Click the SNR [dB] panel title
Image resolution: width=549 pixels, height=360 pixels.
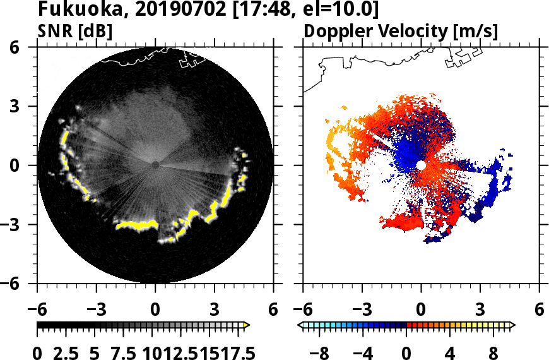pos(75,31)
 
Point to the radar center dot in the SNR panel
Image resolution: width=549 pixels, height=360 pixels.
pos(155,165)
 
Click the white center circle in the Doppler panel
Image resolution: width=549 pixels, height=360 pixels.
pos(421,165)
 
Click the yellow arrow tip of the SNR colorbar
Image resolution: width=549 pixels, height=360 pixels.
pos(247,325)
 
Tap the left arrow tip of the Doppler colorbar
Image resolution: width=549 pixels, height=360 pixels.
pos(301,325)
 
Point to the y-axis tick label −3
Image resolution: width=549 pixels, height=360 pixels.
pos(18,224)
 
